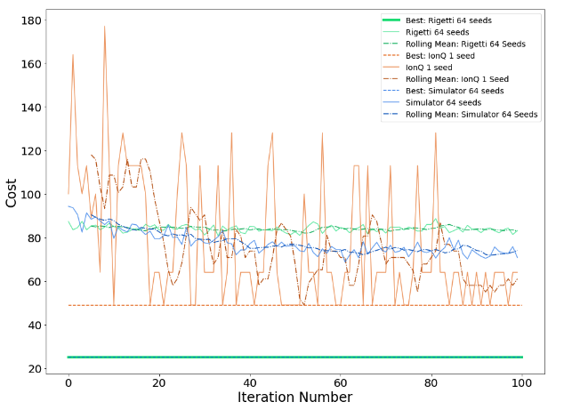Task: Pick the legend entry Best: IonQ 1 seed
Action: click(x=459, y=55)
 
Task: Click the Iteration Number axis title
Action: click(x=294, y=398)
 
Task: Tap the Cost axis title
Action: click(x=12, y=192)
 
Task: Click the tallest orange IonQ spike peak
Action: click(x=104, y=26)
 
